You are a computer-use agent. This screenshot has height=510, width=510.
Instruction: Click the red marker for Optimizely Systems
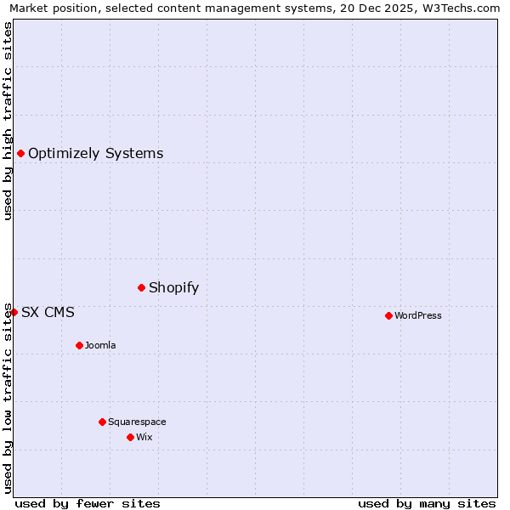click(x=20, y=153)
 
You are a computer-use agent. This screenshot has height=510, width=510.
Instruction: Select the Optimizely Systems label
click(x=95, y=154)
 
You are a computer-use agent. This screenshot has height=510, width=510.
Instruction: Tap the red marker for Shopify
click(x=141, y=287)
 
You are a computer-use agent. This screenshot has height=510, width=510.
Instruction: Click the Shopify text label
click(x=173, y=287)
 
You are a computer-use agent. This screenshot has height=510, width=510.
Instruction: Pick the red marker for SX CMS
click(x=14, y=312)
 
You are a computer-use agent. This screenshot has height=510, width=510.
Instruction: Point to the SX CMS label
click(x=48, y=312)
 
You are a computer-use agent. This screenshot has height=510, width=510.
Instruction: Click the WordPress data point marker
click(x=388, y=315)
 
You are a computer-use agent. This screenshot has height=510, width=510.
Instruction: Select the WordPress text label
click(x=417, y=315)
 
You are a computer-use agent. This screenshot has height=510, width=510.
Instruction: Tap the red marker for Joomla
click(x=79, y=345)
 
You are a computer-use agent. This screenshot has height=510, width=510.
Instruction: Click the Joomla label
click(x=100, y=345)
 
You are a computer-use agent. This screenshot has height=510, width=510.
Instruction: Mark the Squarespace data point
click(x=102, y=422)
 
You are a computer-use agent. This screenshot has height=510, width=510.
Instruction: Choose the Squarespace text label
click(x=137, y=422)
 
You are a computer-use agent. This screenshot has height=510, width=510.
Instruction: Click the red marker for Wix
click(x=130, y=437)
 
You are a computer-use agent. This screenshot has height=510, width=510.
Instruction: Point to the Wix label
click(x=144, y=437)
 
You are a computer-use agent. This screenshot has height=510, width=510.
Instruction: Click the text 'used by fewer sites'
click(x=88, y=503)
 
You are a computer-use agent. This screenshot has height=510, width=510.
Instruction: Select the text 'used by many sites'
click(x=427, y=503)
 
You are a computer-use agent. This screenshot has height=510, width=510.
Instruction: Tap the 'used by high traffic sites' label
click(x=8, y=121)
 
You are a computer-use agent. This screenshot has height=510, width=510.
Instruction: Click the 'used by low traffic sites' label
click(x=8, y=397)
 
